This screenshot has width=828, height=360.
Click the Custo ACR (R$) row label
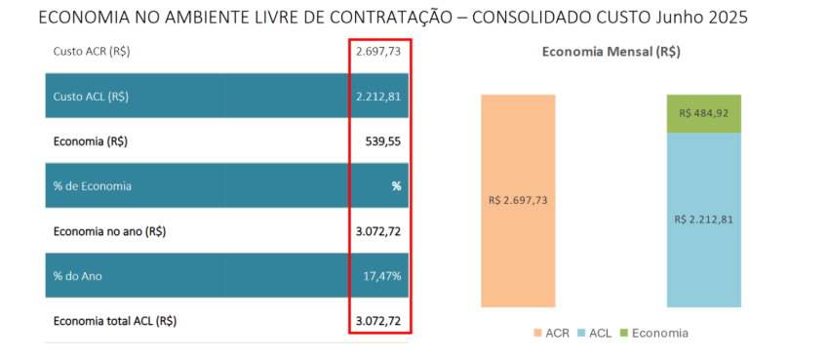91,52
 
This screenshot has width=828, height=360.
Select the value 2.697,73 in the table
378,52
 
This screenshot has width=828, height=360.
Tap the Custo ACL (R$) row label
91,97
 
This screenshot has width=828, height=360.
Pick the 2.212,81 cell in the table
378,97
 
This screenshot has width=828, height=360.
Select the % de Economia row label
93,185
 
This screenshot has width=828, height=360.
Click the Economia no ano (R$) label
109,231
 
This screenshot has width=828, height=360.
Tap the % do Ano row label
78,276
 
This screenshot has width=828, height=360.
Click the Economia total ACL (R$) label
115,320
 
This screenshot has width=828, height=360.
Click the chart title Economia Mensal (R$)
611,53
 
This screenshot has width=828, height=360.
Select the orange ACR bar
517,200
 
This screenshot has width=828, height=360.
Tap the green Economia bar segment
703,113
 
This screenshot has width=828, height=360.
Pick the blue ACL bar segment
703,220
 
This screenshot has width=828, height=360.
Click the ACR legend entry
552,333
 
